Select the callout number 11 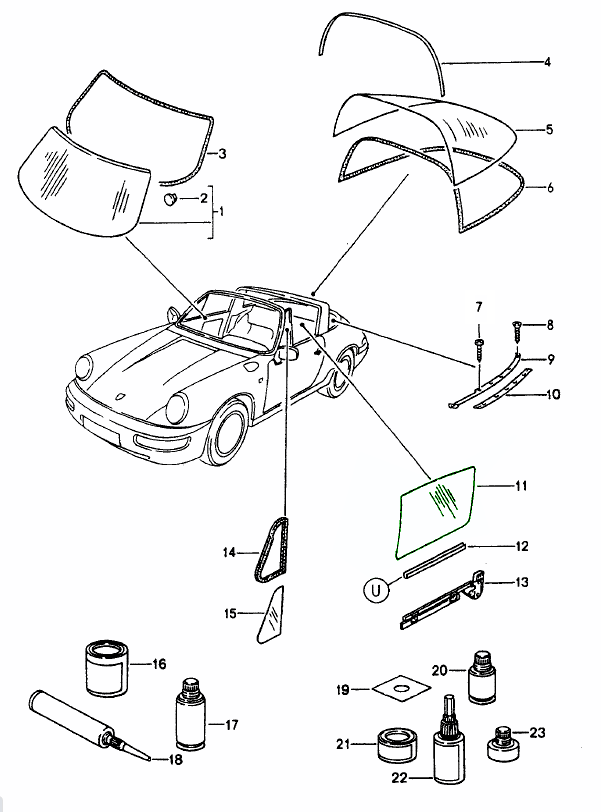point(521,487)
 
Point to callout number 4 point(548,62)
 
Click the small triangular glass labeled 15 point(270,612)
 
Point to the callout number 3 point(222,154)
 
